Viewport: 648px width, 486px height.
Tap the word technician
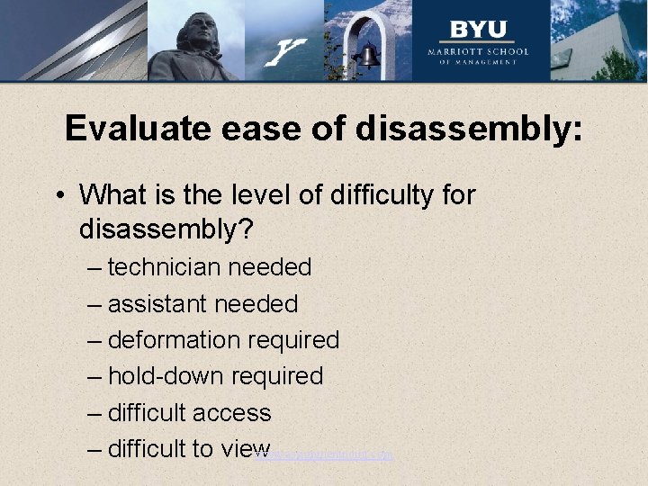pos(164,267)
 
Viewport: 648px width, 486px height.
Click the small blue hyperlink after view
pos(325,455)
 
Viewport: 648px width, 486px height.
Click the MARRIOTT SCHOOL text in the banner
pos(477,51)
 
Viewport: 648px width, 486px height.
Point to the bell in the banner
pos(367,56)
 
